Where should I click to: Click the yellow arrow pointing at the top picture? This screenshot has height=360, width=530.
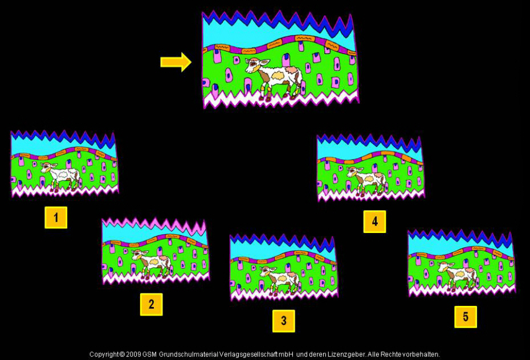click(176, 62)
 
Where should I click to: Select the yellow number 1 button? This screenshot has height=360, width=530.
click(56, 218)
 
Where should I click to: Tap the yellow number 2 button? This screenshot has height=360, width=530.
click(152, 304)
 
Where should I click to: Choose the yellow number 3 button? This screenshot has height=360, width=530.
click(284, 321)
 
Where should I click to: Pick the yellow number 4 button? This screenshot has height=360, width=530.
click(374, 222)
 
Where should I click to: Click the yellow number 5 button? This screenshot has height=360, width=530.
click(466, 317)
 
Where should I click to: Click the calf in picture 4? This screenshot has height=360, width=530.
click(367, 181)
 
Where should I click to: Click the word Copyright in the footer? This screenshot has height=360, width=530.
click(104, 355)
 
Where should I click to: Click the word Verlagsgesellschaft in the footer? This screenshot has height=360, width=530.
click(248, 355)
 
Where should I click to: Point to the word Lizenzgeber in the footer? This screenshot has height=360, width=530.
click(346, 355)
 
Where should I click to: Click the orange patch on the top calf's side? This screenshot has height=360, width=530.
click(279, 75)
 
